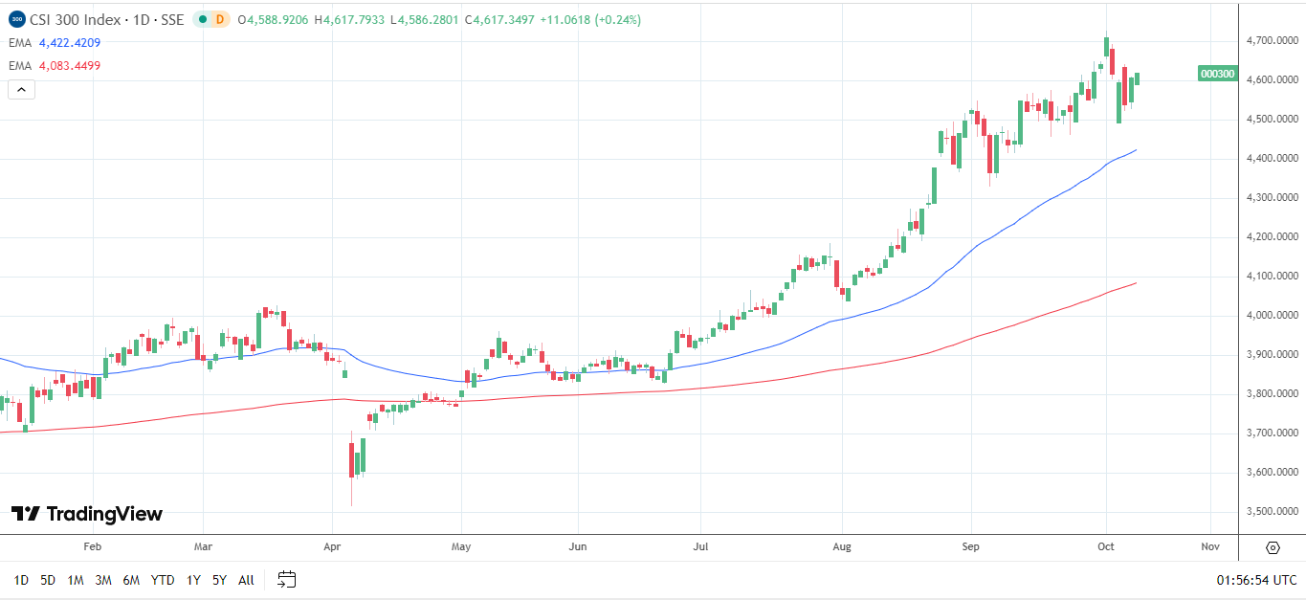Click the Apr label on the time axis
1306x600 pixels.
click(x=332, y=546)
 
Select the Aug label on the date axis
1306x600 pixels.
click(x=842, y=546)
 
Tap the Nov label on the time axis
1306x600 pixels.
click(x=1209, y=546)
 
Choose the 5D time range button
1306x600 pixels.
click(x=48, y=580)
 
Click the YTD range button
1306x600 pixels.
click(x=163, y=580)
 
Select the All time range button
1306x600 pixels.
click(x=246, y=580)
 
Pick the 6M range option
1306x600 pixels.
click(x=132, y=580)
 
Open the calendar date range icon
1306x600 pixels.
click(x=287, y=579)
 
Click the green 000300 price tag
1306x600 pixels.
click(x=1217, y=74)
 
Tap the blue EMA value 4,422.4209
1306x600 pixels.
click(x=70, y=43)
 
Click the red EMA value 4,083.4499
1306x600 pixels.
click(x=70, y=66)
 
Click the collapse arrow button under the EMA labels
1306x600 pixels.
click(x=22, y=90)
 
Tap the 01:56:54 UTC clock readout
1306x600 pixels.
click(x=1256, y=580)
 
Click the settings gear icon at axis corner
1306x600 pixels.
click(x=1273, y=548)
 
